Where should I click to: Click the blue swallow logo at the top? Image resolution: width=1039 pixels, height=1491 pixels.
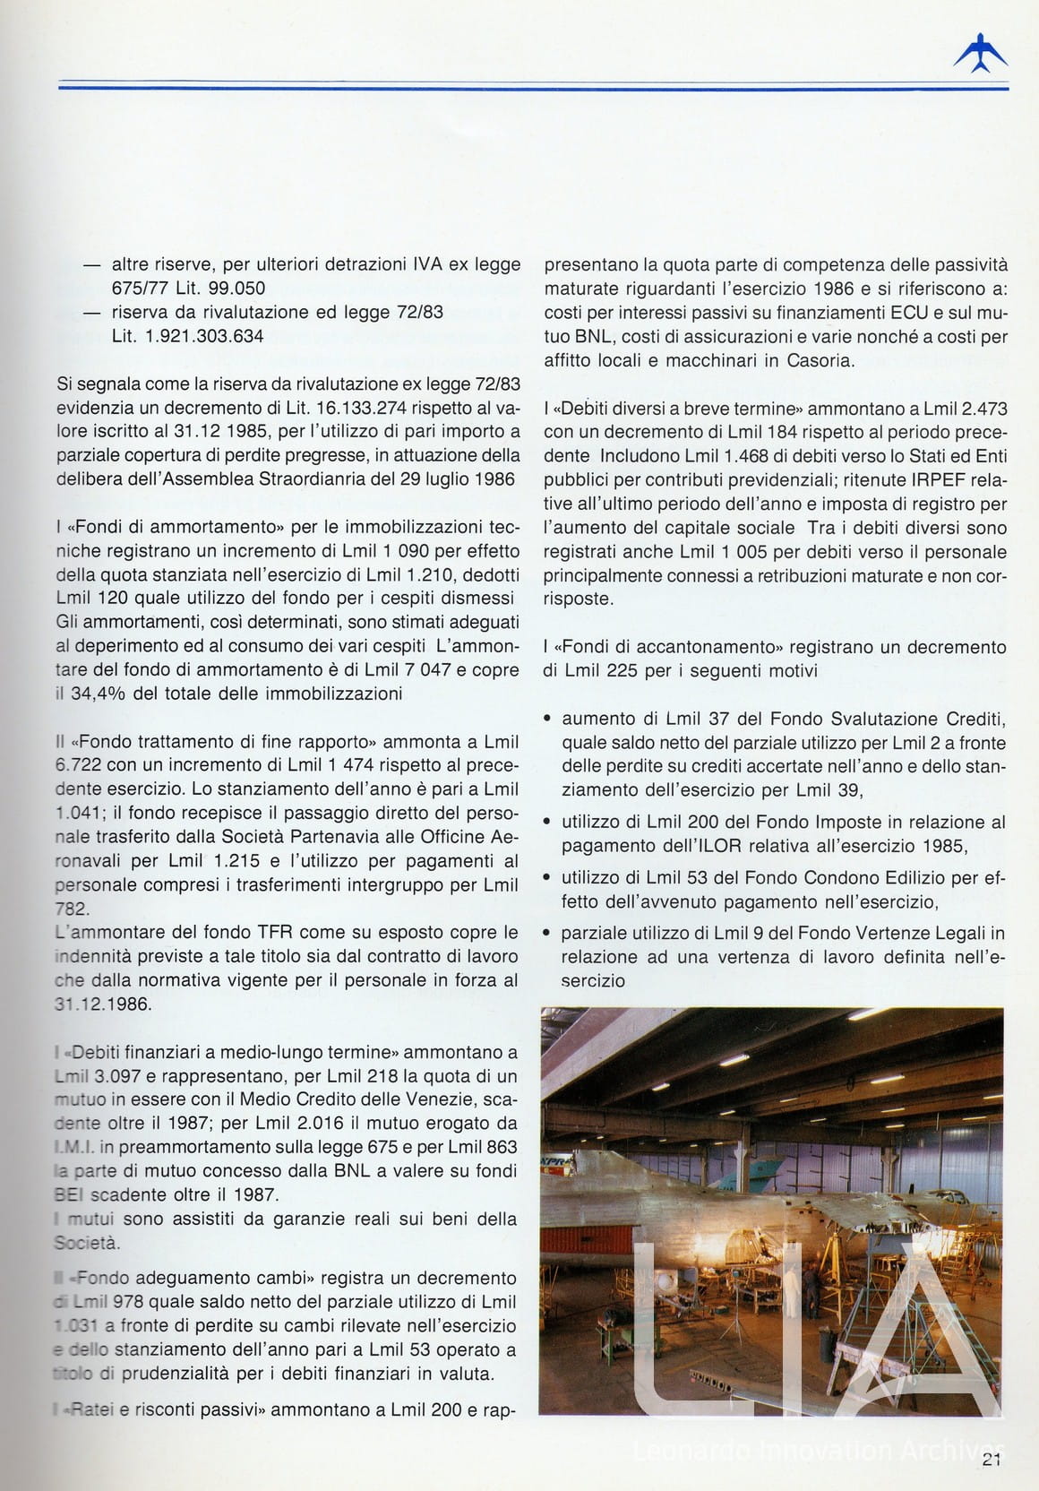tap(980, 55)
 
